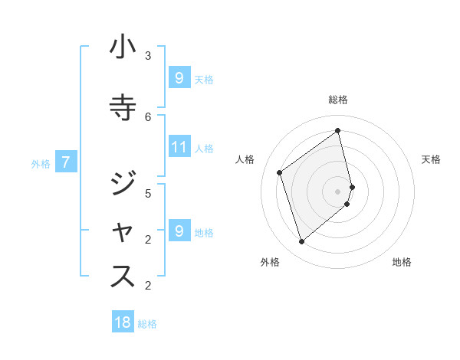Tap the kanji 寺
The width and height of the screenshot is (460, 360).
[123, 105]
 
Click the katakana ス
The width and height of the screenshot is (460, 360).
[123, 277]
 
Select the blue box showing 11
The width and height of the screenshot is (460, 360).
[179, 148]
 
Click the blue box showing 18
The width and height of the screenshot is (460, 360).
[123, 322]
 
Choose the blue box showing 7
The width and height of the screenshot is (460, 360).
[67, 162]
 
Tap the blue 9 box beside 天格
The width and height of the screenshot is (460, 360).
[179, 77]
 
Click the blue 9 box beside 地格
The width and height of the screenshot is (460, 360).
[179, 231]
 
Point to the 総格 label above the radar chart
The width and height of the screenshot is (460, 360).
[338, 100]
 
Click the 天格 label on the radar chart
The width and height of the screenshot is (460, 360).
[431, 159]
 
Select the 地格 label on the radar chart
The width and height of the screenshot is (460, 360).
[402, 262]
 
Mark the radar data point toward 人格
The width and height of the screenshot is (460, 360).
[280, 172]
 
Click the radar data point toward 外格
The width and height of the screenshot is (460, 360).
[301, 242]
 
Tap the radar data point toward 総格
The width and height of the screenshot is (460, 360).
[338, 130]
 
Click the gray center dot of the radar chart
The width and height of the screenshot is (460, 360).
[338, 191]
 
